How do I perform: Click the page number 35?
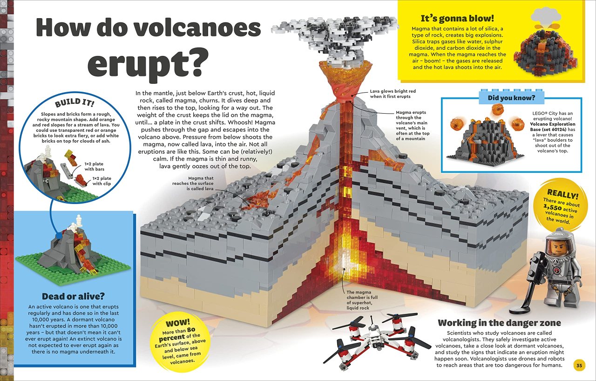579,366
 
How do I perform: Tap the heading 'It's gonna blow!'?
457,18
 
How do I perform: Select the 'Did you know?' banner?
511,98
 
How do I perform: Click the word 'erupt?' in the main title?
148,64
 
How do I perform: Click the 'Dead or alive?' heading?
74,296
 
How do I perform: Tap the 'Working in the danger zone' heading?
500,323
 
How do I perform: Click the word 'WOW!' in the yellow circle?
178,323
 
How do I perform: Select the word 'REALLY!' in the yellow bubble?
562,194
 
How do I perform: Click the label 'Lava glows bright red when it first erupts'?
393,94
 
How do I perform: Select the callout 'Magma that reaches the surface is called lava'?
193,184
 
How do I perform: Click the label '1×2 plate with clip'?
102,181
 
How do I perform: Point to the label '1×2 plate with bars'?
94,166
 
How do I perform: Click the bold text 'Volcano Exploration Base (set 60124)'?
552,127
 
